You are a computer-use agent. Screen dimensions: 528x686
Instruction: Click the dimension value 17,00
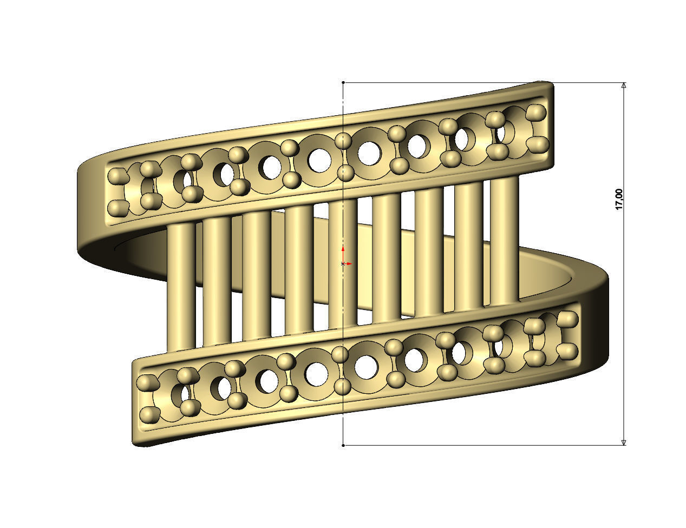click(x=619, y=199)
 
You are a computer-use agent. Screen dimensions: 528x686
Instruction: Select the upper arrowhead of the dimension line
click(x=624, y=85)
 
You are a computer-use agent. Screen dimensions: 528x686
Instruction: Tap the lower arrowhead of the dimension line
click(x=624, y=442)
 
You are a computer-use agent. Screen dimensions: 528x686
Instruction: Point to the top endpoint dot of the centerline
click(x=343, y=83)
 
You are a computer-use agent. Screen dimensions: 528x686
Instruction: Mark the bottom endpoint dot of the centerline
click(x=343, y=445)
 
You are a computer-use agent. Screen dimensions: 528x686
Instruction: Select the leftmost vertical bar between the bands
click(x=181, y=287)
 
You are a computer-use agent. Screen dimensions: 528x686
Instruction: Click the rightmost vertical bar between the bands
click(x=505, y=238)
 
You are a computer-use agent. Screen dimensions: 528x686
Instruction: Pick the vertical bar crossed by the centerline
click(x=343, y=265)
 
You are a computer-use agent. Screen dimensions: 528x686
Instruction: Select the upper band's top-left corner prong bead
click(x=116, y=176)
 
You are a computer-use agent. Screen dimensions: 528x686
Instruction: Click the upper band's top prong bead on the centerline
click(x=343, y=141)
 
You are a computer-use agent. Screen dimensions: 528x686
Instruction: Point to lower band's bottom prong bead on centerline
click(x=342, y=387)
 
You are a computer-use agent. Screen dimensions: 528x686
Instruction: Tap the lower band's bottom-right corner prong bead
click(x=567, y=352)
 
